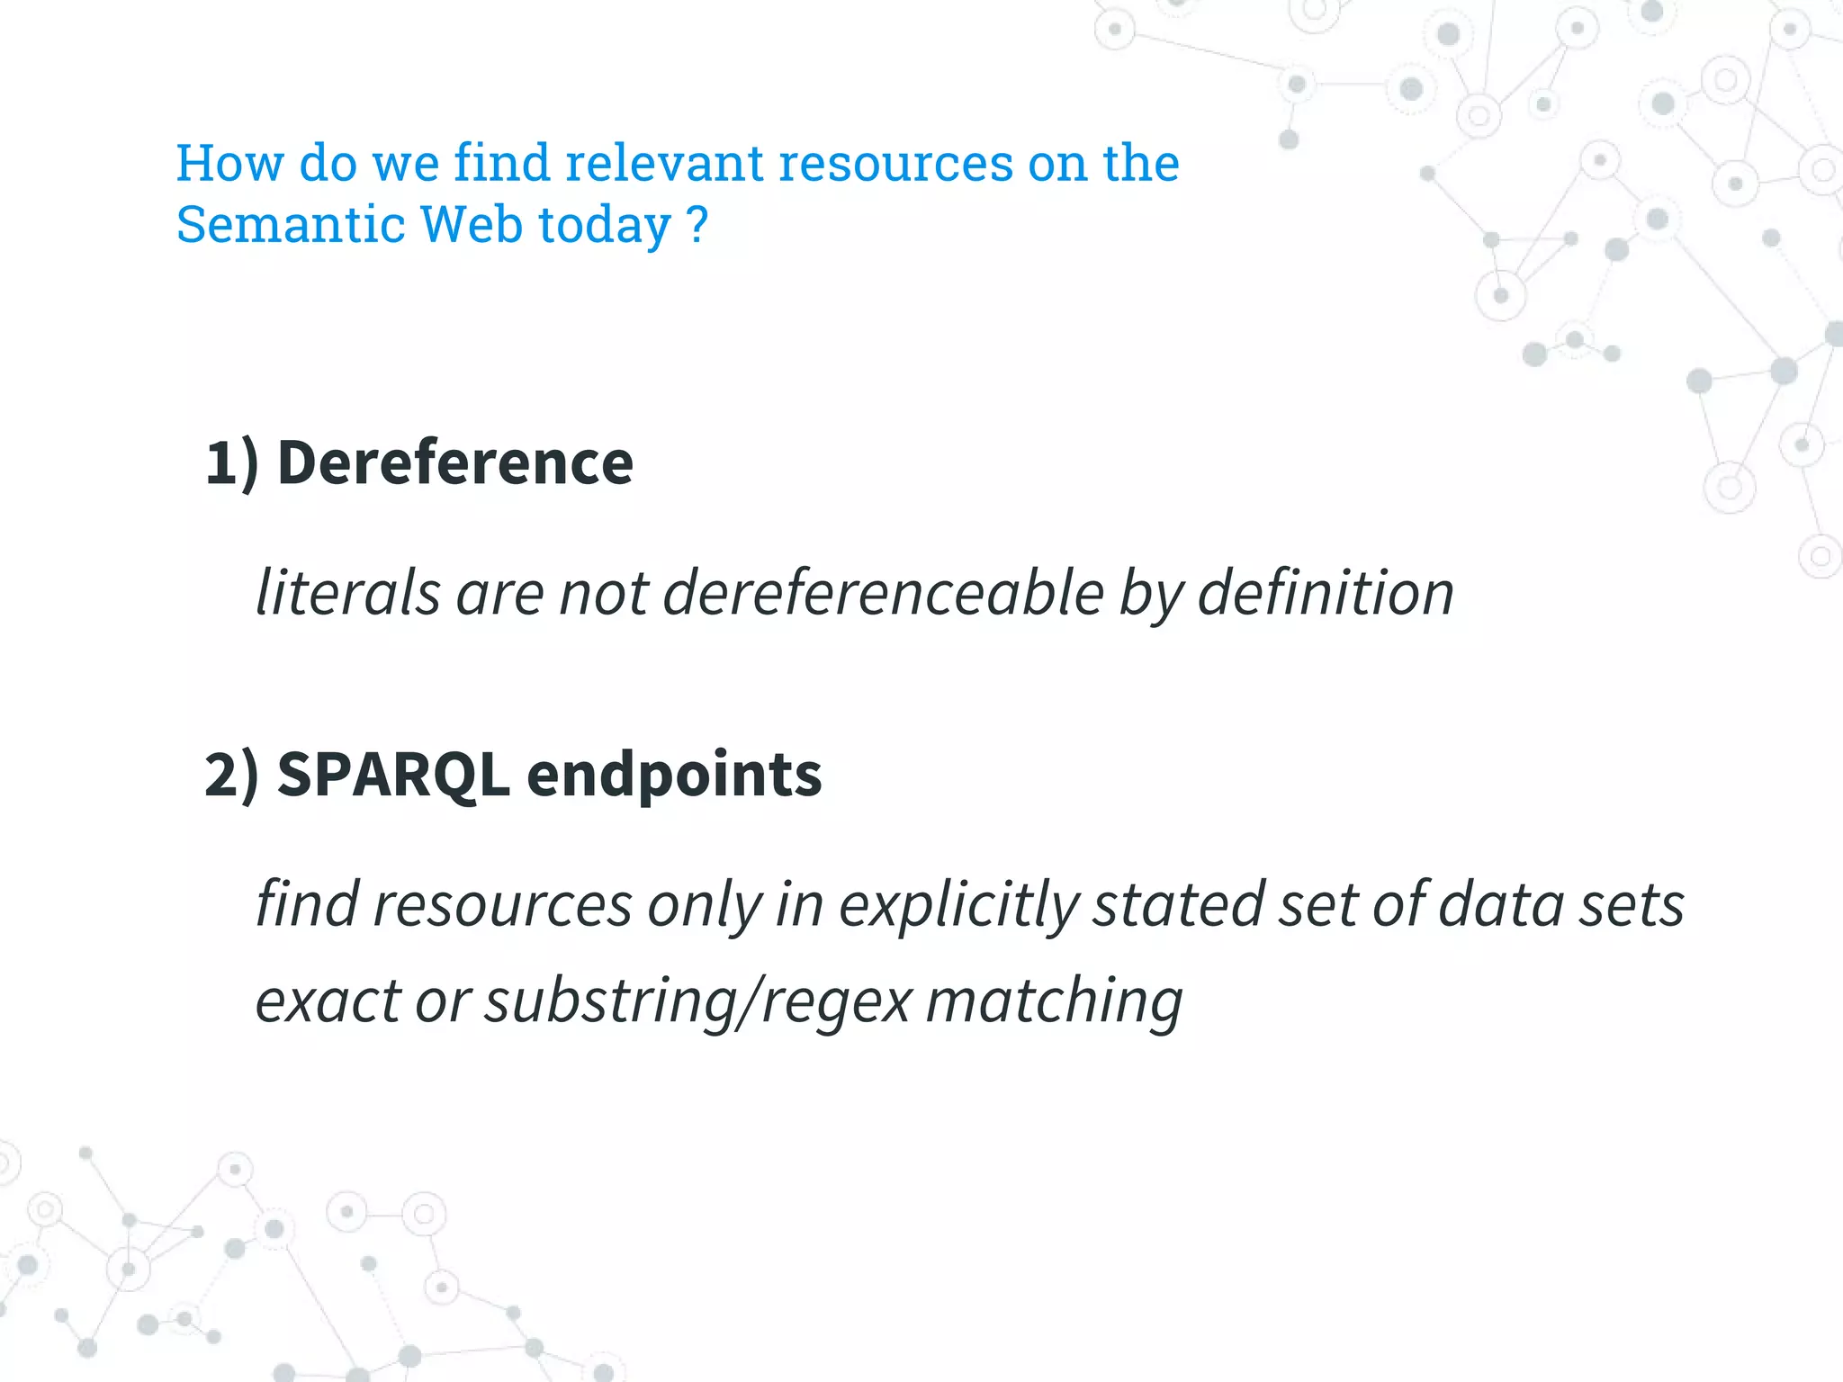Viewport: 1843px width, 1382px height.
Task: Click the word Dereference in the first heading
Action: click(x=455, y=462)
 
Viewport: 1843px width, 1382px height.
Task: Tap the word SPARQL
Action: click(x=392, y=774)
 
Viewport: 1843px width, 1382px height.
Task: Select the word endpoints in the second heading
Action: click(x=674, y=776)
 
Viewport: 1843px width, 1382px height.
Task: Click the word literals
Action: click(x=348, y=593)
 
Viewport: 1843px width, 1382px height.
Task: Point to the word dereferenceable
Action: click(x=883, y=593)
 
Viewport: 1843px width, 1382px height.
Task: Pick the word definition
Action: click(x=1326, y=593)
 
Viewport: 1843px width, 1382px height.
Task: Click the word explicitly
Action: click(x=958, y=905)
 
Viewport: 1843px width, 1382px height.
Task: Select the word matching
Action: click(x=1054, y=1001)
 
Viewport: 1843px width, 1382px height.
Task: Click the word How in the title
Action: click(x=229, y=163)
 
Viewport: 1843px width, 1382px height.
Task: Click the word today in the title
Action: click(x=605, y=225)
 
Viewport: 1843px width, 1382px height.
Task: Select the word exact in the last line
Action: click(x=328, y=1001)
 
